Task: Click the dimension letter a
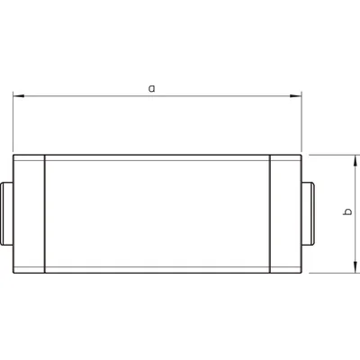coord(151,88)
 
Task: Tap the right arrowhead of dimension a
coord(296,94)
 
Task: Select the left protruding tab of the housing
coord(7,213)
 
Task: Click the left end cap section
coord(30,213)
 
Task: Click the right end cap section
coord(285,213)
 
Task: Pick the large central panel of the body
coord(157,213)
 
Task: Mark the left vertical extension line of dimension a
coord(13,121)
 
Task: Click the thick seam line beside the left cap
coord(45,213)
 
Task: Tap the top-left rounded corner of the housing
coord(15,157)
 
